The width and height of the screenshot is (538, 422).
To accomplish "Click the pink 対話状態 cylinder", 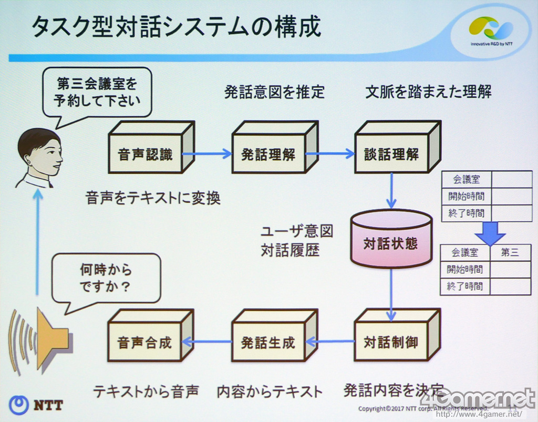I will tap(391, 242).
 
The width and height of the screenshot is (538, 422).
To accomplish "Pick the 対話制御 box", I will tap(391, 342).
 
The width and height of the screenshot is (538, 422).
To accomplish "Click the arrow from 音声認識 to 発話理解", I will tap(207, 154).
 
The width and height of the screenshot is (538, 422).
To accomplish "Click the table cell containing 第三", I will tap(510, 253).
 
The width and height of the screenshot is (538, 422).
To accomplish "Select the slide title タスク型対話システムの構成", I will tap(176, 27).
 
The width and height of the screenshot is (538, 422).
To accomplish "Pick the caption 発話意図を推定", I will tap(275, 92).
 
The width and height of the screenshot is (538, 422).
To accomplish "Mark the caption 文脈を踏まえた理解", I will tap(428, 92).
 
